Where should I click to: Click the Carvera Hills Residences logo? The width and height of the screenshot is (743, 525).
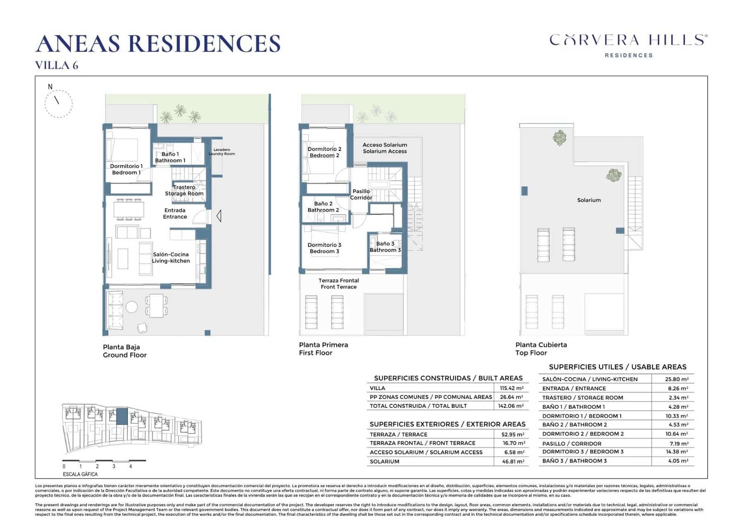pos(628,45)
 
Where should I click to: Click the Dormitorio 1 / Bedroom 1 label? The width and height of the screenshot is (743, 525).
pos(126,169)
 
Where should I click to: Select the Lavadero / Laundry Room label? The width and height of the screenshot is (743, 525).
pos(222,152)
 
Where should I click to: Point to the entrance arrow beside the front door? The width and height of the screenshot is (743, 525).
pos(218,216)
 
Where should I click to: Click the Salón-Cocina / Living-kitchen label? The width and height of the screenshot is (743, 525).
pos(171,257)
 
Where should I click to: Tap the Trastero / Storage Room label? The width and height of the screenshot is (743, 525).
pos(184,190)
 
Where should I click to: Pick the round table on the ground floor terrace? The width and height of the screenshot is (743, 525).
pos(132,307)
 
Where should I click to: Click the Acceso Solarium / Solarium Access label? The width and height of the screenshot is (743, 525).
pos(385,148)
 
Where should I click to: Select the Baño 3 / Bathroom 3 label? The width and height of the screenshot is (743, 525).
pos(385,247)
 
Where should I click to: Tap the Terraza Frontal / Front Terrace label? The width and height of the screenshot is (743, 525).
pos(339,283)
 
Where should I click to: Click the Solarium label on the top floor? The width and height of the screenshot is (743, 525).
pos(589,200)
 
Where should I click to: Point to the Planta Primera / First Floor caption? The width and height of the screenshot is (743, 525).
pos(323,348)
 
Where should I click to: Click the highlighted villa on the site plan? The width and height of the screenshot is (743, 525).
pos(122,416)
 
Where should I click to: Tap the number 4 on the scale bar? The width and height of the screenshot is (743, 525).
pos(130,466)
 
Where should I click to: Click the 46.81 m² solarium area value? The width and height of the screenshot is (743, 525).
pos(514,461)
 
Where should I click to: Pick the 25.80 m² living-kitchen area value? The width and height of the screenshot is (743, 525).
pos(677,379)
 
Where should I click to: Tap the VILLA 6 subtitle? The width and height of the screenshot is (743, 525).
pos(57,66)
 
